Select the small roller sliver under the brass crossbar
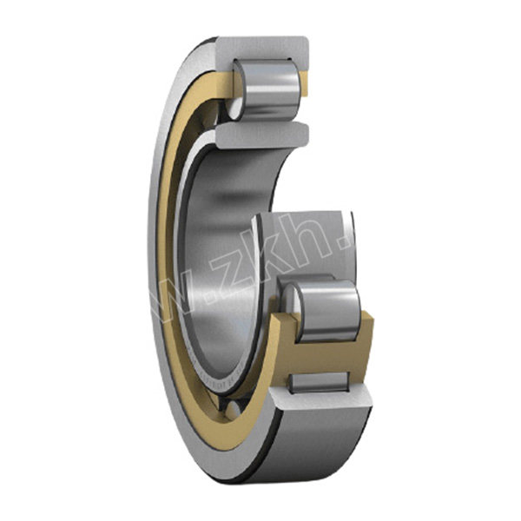click(320, 380)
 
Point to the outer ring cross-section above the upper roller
click(260, 48)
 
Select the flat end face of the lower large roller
click(295, 311)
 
